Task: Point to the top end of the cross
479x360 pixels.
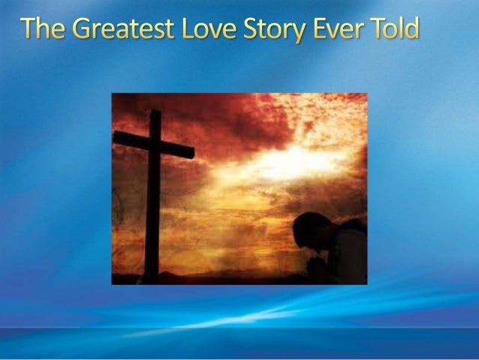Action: [155, 114]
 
